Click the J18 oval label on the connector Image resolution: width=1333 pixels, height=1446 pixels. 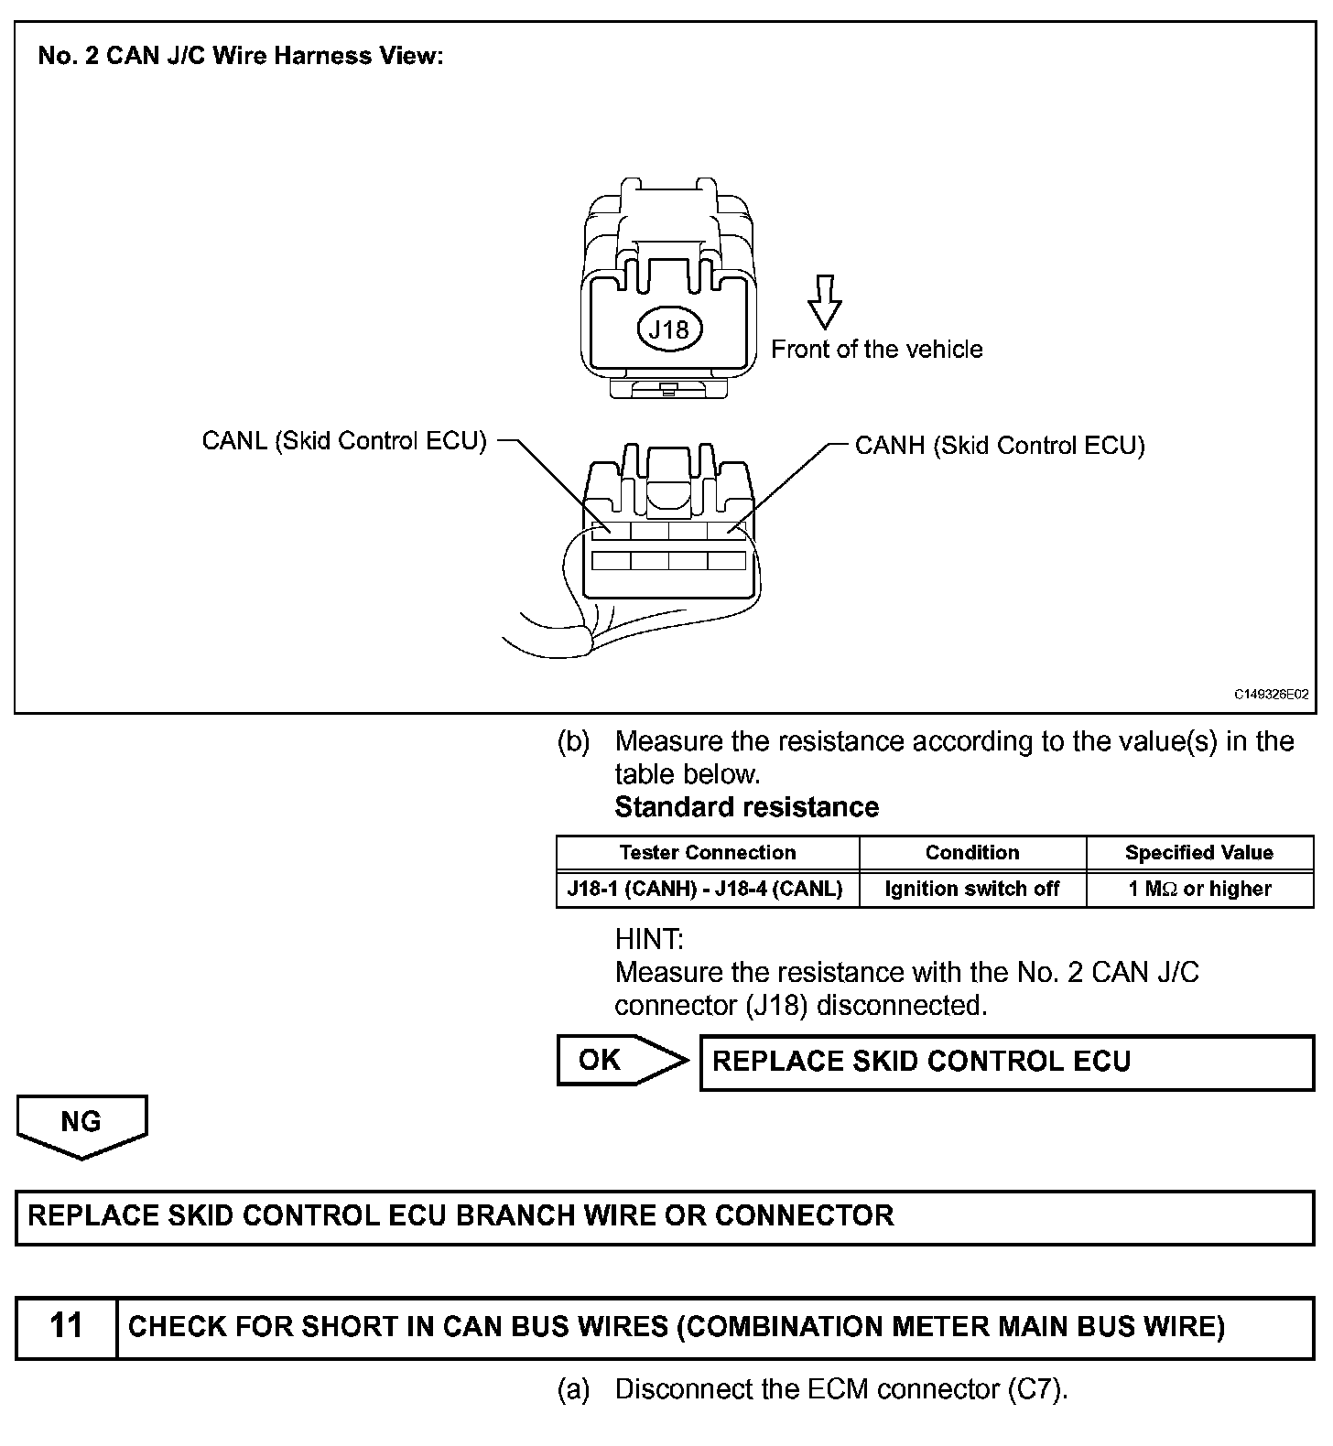pos(668,329)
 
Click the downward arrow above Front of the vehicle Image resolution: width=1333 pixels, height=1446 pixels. pos(824,301)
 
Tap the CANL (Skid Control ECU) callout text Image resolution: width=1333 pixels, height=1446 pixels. pos(343,440)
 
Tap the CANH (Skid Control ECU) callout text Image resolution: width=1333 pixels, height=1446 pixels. pos(999,446)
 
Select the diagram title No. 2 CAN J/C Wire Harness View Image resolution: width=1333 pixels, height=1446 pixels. pos(241,56)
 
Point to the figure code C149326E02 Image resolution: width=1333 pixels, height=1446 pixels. pos(1271,695)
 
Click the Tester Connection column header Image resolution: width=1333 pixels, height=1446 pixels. pos(707,853)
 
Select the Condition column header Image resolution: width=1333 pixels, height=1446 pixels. pos(971,853)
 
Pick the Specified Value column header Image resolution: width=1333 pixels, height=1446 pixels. pos(1198,853)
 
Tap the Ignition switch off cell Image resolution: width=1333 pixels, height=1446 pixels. pos(971,889)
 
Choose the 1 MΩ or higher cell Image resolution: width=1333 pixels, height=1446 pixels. pos(1198,889)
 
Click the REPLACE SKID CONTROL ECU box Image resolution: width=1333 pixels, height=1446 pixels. pos(1006,1062)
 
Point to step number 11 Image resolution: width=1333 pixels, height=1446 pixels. pos(66,1326)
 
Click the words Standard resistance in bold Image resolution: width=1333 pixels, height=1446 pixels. pos(746,807)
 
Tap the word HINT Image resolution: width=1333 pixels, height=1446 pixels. pos(649,939)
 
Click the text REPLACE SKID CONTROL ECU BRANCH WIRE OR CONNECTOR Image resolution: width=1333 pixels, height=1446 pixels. pos(461,1216)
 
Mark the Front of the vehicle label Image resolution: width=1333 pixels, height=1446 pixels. pos(876,350)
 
